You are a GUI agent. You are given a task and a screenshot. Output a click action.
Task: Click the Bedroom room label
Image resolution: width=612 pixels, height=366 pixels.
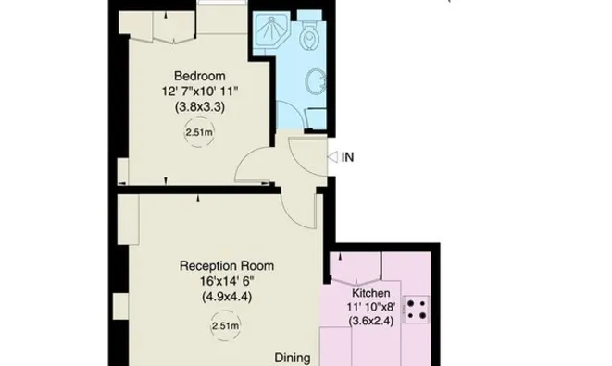click(199, 76)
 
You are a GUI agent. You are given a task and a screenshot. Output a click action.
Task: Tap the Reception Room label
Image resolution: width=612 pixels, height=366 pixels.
click(227, 266)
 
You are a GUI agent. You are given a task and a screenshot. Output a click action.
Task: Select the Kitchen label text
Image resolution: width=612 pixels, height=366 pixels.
click(370, 293)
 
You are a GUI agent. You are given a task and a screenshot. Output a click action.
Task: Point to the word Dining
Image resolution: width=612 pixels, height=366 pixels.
click(293, 358)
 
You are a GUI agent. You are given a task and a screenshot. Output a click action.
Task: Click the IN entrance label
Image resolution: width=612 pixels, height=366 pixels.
click(348, 157)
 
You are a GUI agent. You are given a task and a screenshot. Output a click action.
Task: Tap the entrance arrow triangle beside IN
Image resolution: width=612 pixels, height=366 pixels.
click(332, 157)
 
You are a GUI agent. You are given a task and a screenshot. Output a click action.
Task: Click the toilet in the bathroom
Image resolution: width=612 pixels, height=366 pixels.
click(309, 34)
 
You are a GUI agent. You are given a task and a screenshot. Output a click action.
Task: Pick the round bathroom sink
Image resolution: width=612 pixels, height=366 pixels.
click(315, 81)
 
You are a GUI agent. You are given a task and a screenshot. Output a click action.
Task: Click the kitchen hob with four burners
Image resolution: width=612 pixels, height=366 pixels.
click(416, 310)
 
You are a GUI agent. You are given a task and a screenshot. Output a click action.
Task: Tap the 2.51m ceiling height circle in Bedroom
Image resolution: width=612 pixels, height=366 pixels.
click(199, 132)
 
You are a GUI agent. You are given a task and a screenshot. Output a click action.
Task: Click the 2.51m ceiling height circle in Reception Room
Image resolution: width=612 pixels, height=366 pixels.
click(225, 325)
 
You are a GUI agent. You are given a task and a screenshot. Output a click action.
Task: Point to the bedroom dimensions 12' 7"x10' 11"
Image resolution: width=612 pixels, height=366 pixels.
click(200, 91)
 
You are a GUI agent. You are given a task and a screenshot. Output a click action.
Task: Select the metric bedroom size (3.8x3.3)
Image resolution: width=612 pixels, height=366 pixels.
click(200, 106)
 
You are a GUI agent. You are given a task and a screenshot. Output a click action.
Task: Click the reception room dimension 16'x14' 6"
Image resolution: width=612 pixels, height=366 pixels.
click(227, 281)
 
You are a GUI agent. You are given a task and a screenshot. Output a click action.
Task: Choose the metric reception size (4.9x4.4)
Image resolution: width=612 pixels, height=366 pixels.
click(227, 297)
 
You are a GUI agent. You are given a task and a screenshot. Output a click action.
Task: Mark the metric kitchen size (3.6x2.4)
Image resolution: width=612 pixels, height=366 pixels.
click(370, 321)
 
